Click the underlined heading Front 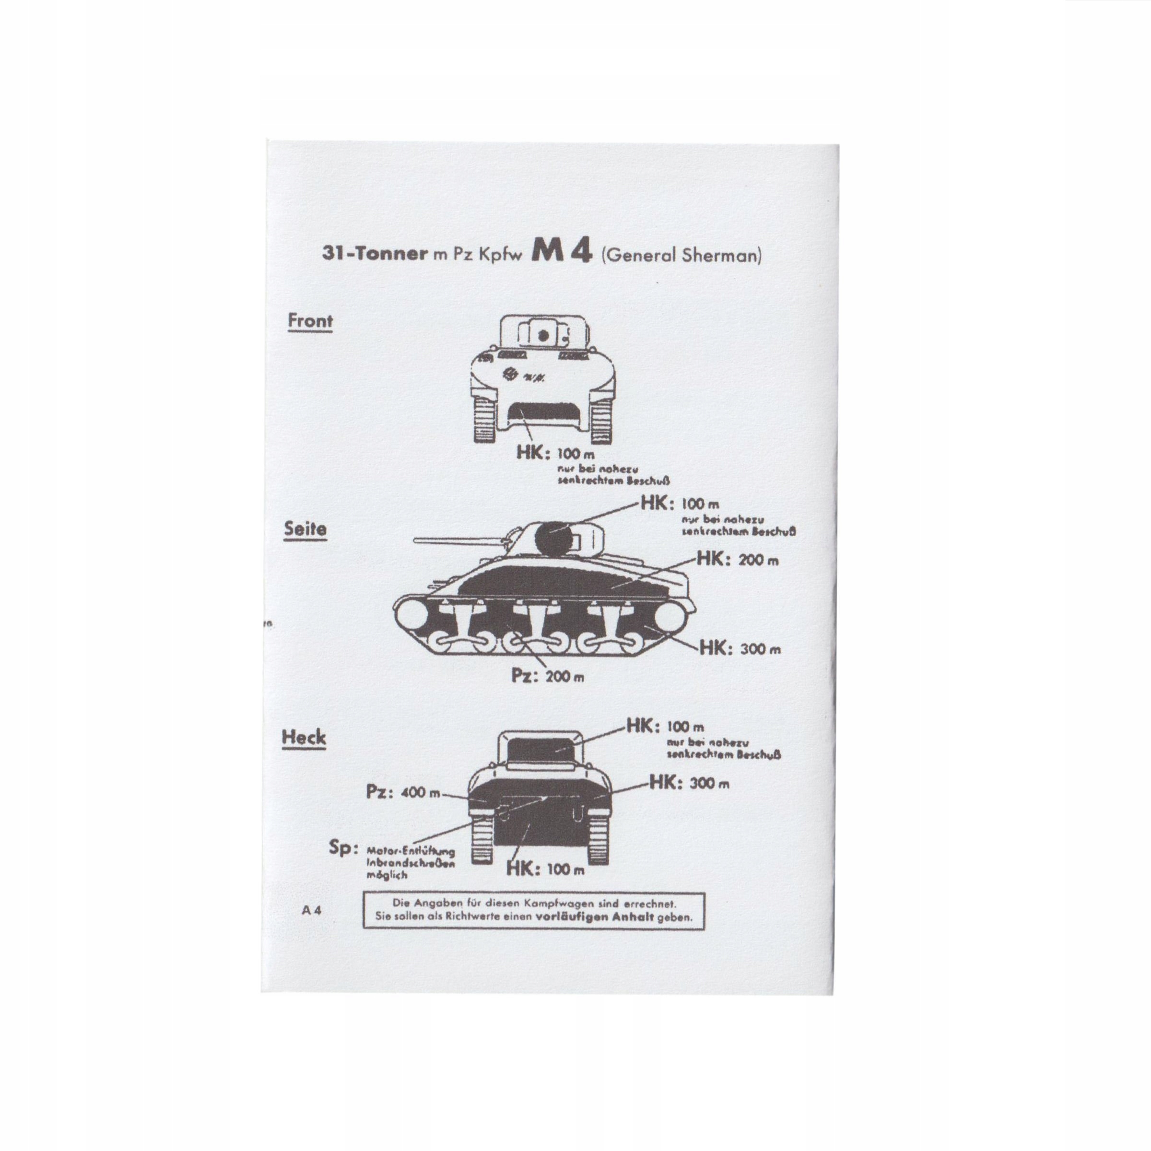pos(310,320)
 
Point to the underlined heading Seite pos(305,529)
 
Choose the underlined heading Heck pos(304,738)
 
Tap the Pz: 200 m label pos(548,677)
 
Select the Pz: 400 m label pos(403,792)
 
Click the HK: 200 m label pos(737,560)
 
